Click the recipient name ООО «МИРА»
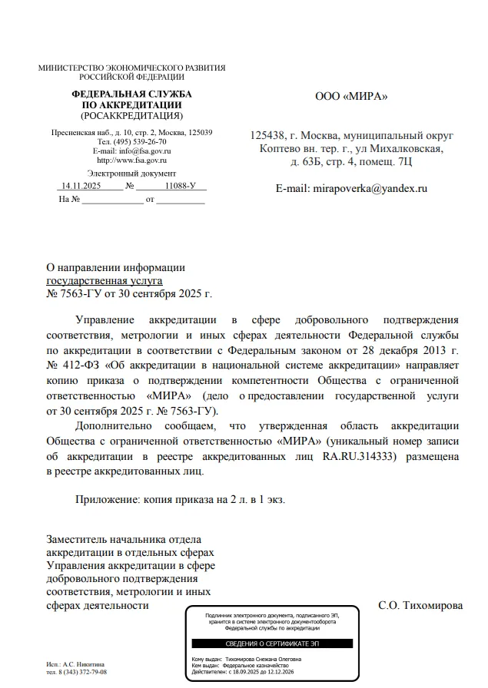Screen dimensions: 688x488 coord(352,97)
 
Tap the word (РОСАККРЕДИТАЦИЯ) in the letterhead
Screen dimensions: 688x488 coord(131,116)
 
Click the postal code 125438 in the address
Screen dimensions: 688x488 coord(268,136)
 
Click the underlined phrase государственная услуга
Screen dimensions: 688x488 coord(101,280)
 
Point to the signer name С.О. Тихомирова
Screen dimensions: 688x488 coord(421,605)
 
